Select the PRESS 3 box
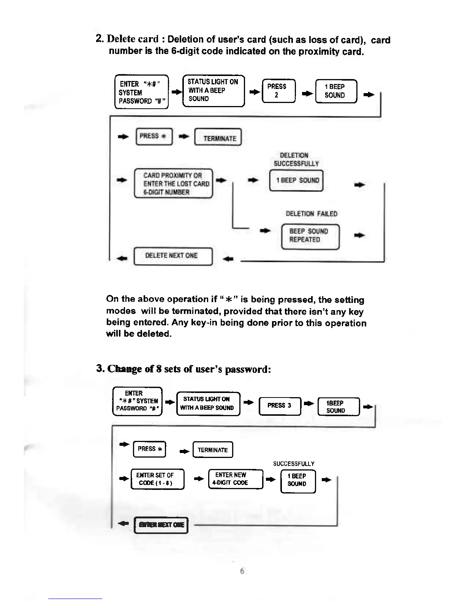[x=279, y=406]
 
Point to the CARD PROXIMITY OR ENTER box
[x=173, y=184]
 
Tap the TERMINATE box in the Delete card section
[x=218, y=138]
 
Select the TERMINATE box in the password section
[x=212, y=450]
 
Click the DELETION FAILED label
[x=311, y=214]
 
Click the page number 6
[x=242, y=571]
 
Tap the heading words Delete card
[x=133, y=39]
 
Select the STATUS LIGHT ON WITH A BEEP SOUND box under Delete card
[x=213, y=90]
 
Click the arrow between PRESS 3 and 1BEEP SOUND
[x=309, y=403]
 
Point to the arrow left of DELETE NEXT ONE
[x=122, y=259]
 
